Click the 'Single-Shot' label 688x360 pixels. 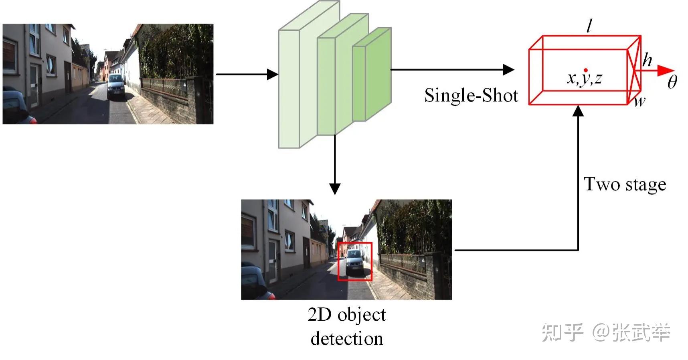471,96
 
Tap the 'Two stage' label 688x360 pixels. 625,184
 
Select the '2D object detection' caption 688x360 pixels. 347,326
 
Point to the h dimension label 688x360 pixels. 647,60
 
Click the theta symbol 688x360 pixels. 672,82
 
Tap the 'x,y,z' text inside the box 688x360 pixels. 585,79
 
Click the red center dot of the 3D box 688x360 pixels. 586,70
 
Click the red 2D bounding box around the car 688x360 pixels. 355,261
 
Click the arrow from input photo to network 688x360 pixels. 247,74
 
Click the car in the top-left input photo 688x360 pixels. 116,86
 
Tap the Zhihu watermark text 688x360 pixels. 606,332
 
